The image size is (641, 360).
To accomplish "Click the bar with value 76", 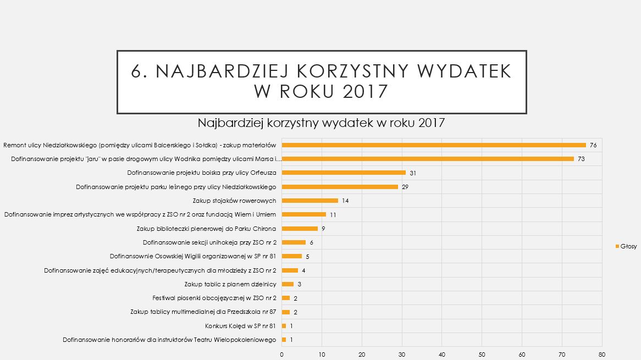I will pos(434,145).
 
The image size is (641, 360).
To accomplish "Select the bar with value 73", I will pos(428,159).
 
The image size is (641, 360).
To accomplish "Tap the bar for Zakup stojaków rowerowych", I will pos(310,201).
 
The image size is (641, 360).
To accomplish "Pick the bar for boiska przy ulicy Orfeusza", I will pos(344,173).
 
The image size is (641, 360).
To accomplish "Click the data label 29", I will pos(405,187).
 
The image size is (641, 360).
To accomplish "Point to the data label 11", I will pos(333,214).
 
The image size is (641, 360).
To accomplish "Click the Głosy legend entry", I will pos(626,246).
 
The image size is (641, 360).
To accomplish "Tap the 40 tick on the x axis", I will pos(442,355).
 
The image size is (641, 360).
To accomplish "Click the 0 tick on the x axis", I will pos(282,355).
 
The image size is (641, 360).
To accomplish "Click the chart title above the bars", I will pos(320,123).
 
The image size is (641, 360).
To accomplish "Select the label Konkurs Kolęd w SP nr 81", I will pos(240,326).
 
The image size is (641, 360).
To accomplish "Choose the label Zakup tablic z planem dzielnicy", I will pos(230,284).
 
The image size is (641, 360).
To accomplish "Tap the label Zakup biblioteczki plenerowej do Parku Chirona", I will pos(206,229).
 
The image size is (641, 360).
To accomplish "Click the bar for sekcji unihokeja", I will pos(294,242).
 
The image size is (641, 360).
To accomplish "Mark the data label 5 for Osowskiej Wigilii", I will pos(308,256).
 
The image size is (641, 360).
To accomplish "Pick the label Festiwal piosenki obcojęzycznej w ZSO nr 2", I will pos(214,298).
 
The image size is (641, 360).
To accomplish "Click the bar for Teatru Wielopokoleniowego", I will pos(284,340).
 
